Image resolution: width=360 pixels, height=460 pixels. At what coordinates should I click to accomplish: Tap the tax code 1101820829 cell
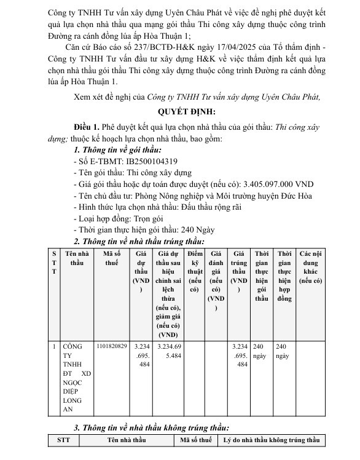pyautogui.click(x=112, y=346)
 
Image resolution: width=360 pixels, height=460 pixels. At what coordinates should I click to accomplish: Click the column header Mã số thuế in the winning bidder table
pyautogui.click(x=111, y=258)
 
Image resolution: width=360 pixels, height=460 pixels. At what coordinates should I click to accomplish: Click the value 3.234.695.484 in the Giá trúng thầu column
pyautogui.click(x=240, y=355)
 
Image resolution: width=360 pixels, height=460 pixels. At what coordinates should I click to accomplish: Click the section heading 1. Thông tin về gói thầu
pyautogui.click(x=117, y=149)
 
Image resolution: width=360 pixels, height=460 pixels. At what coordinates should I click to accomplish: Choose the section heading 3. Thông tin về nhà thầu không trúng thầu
pyautogui.click(x=151, y=427)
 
